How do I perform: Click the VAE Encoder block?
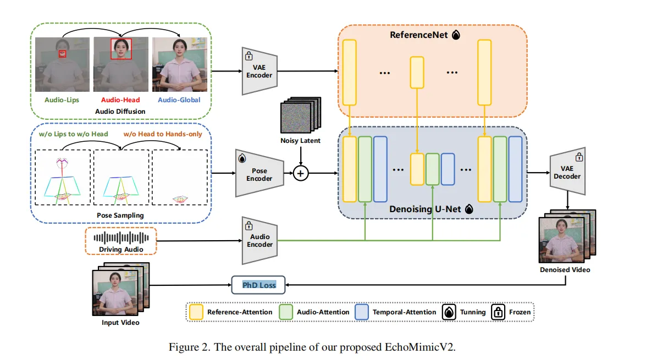click(x=258, y=70)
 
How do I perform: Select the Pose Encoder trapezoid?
click(x=259, y=174)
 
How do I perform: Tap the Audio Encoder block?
click(x=259, y=240)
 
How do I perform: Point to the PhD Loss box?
click(x=259, y=285)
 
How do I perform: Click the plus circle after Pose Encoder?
click(x=300, y=174)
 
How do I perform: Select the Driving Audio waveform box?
click(x=121, y=241)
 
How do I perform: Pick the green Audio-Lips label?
click(x=62, y=100)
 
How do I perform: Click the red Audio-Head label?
click(x=120, y=100)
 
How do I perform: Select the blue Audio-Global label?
click(x=179, y=100)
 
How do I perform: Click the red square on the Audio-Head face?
click(x=120, y=48)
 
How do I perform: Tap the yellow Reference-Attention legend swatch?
click(x=196, y=312)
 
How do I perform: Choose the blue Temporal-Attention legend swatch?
click(x=362, y=312)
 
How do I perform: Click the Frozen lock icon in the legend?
click(x=498, y=312)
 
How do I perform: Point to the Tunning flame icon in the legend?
click(x=449, y=312)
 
